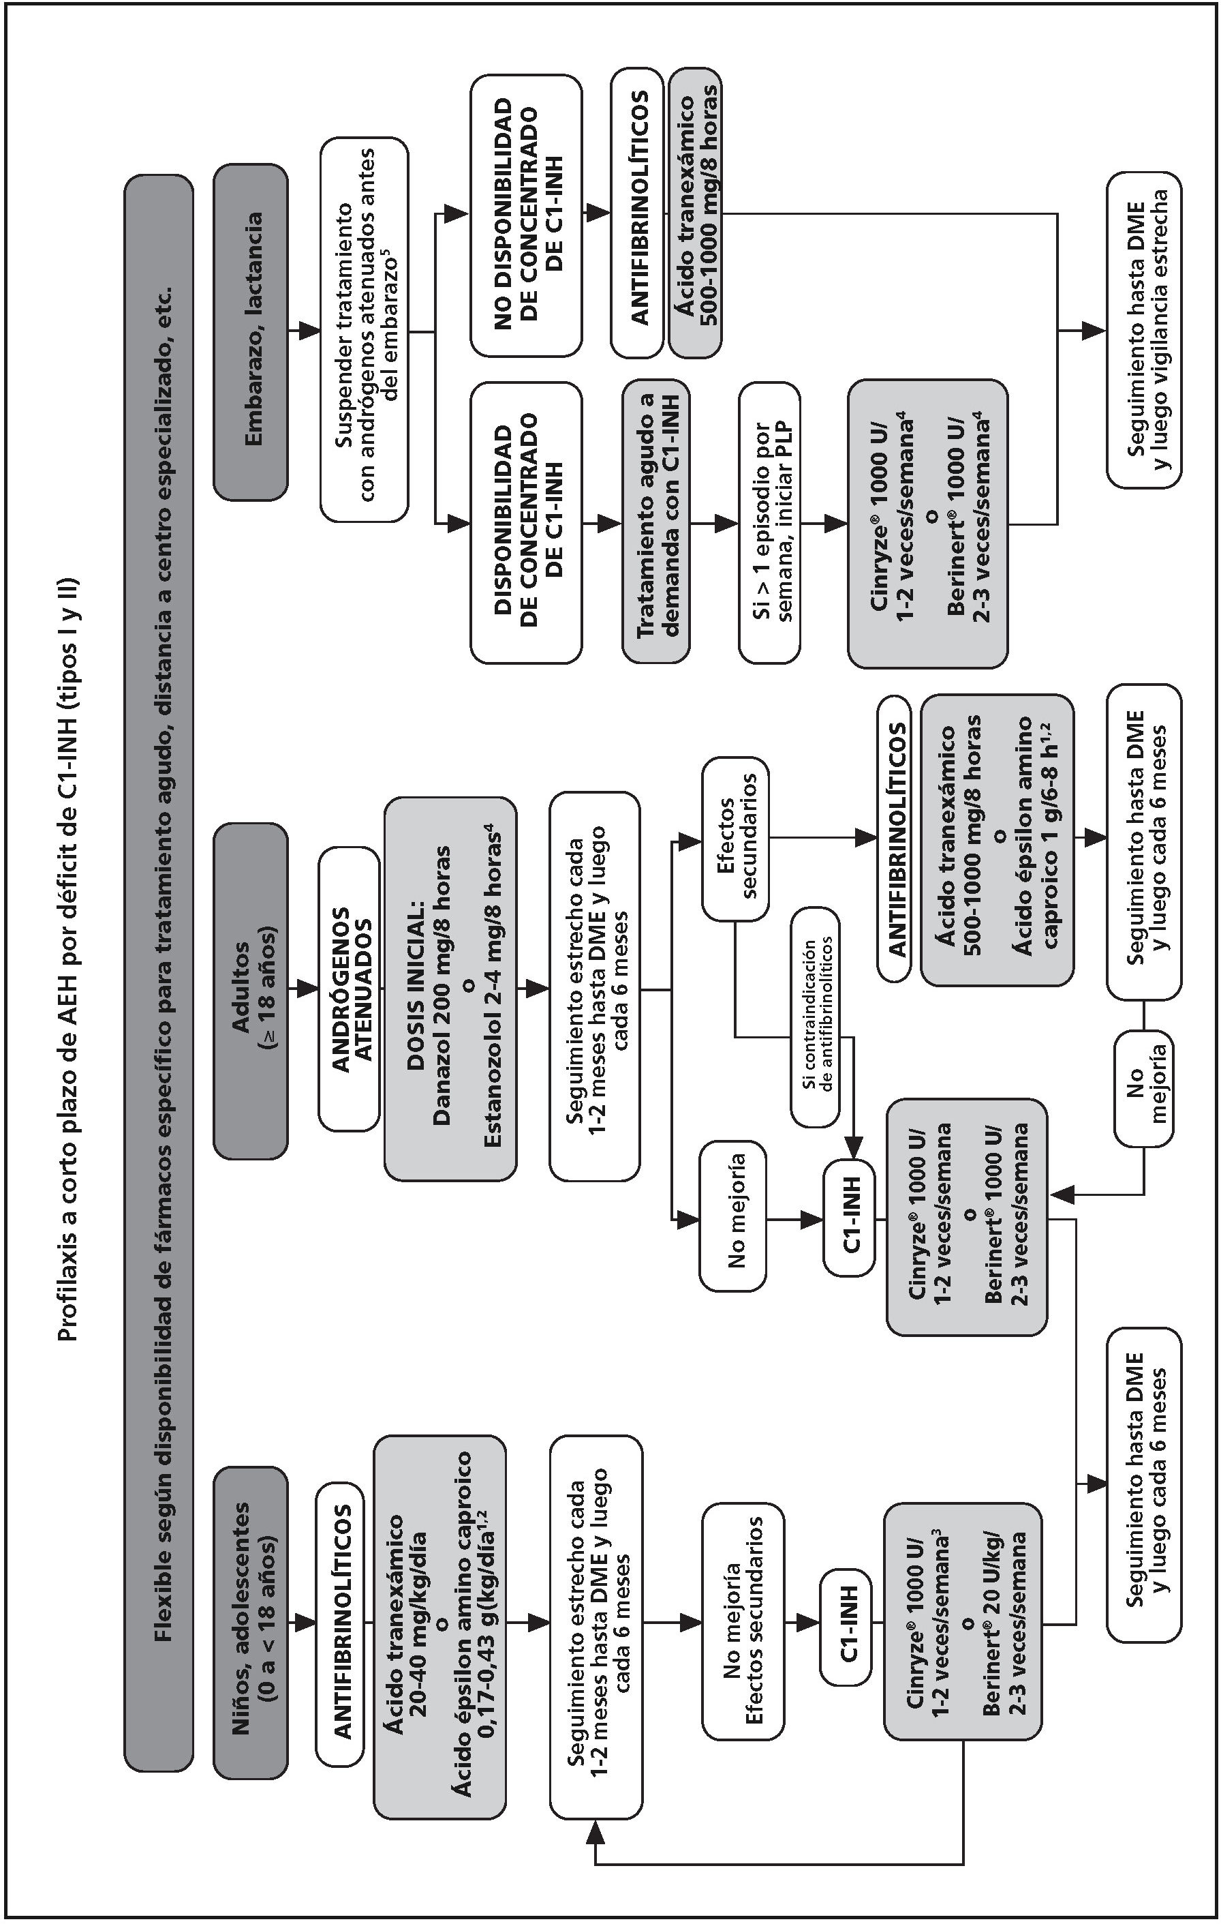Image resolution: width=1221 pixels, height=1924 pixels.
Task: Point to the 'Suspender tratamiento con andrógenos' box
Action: point(364,329)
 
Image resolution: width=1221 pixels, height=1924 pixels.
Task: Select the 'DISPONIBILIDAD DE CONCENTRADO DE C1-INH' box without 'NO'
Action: point(525,524)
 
